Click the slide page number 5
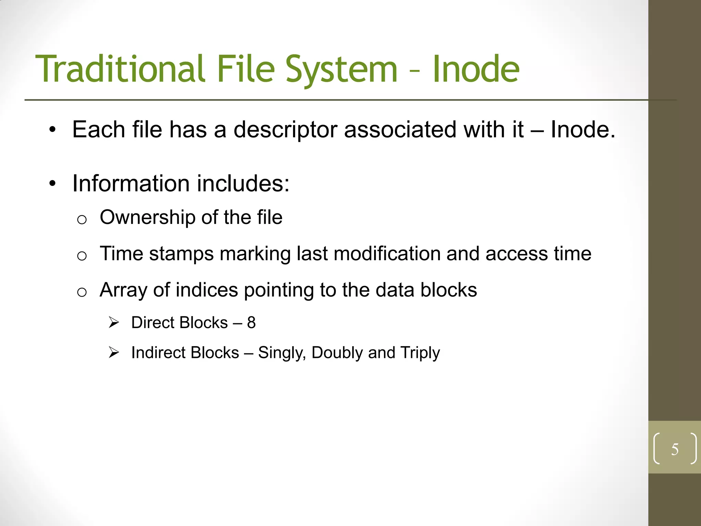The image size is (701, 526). click(x=675, y=449)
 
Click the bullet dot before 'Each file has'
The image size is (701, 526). click(x=52, y=130)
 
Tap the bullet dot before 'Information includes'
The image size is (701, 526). click(x=52, y=184)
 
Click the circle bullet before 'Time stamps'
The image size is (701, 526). click(x=82, y=256)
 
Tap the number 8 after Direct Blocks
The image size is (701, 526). click(x=252, y=323)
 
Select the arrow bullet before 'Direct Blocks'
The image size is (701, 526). click(x=114, y=323)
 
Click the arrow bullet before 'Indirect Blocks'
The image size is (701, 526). click(x=114, y=352)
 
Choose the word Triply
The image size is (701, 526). click(x=420, y=353)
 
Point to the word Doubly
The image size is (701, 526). click(x=337, y=353)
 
